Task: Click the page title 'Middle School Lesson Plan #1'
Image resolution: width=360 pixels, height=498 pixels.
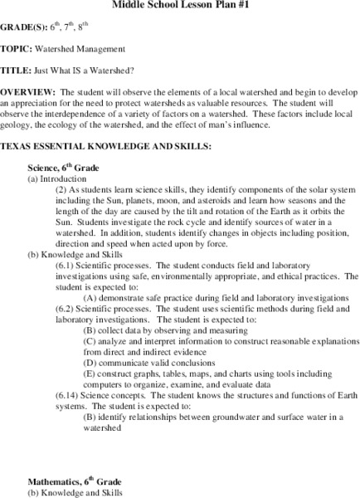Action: (x=179, y=4)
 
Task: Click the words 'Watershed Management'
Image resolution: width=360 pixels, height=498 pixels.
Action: (x=86, y=49)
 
